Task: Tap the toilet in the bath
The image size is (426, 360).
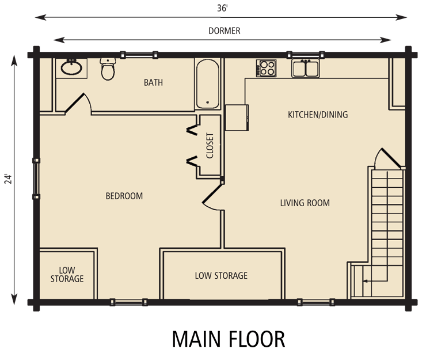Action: click(107, 69)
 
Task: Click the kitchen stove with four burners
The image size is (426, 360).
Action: click(267, 69)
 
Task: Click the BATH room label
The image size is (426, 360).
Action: click(153, 82)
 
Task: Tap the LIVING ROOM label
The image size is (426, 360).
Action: click(305, 203)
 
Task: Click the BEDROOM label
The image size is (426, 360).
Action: click(124, 196)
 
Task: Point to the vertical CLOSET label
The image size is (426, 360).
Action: click(210, 146)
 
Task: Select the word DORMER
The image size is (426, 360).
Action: click(225, 32)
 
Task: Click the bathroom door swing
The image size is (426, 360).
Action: click(78, 104)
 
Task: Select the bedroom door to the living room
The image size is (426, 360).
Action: click(212, 196)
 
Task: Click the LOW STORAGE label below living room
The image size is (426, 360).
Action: click(221, 276)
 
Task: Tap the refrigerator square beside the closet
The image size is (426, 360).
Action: click(237, 117)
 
